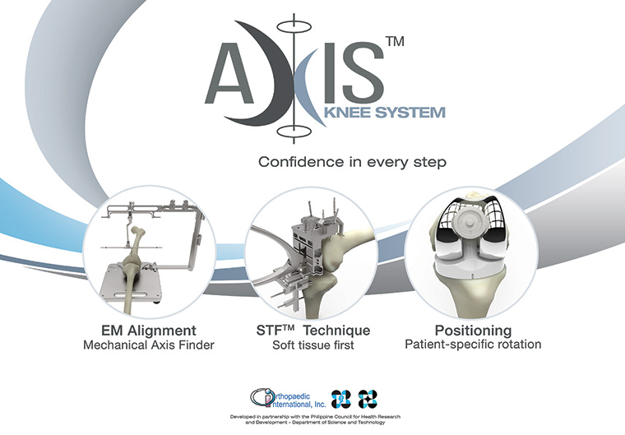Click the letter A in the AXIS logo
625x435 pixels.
[229, 72]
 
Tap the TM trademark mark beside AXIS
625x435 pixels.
[395, 41]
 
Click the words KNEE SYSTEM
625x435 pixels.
[385, 113]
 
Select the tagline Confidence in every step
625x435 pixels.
[352, 162]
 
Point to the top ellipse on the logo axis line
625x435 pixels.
[294, 26]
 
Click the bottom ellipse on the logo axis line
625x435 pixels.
[294, 132]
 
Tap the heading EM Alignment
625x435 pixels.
[149, 331]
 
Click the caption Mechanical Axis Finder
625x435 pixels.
[149, 345]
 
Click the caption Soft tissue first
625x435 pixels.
[312, 345]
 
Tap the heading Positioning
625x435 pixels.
[473, 331]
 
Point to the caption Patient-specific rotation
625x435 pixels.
[473, 345]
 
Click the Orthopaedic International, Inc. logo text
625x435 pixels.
[289, 399]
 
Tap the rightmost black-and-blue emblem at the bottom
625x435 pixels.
[368, 399]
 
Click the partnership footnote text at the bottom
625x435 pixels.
[315, 419]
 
